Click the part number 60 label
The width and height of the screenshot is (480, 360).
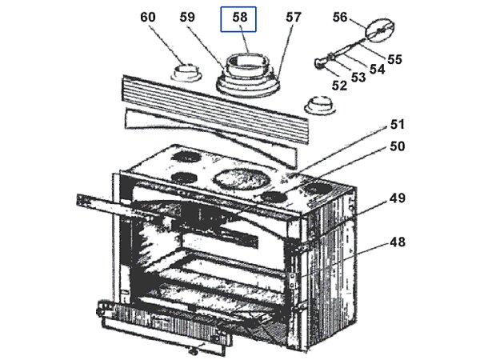point(149,17)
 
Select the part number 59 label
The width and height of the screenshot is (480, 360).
point(189,17)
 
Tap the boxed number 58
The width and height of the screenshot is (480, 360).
point(241,17)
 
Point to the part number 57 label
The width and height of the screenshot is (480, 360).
point(294,17)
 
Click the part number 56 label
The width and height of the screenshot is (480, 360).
point(340,17)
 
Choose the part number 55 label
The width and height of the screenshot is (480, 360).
point(394,58)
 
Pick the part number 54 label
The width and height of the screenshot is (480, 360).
point(377,69)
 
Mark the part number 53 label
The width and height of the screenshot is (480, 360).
point(358,77)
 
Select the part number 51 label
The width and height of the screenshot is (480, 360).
point(398,125)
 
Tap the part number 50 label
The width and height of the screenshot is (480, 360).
point(398,146)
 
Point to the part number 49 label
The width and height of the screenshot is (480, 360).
point(398,198)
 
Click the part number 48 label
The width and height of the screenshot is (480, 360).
point(398,242)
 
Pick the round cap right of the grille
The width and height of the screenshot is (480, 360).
point(319,105)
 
